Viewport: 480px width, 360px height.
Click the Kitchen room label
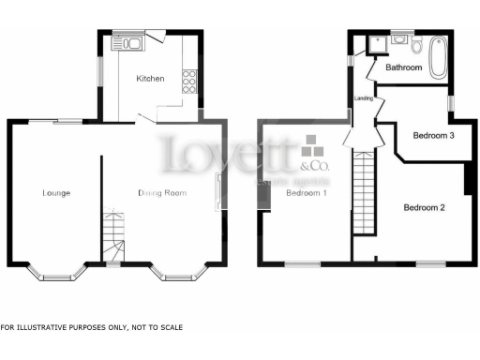[150, 79]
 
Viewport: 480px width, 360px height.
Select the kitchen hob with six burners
[189, 81]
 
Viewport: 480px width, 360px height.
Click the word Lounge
[56, 193]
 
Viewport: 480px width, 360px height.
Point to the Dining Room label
[163, 193]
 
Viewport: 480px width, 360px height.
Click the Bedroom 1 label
[306, 193]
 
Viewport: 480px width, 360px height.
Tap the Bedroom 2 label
[424, 206]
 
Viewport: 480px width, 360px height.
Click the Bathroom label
[403, 67]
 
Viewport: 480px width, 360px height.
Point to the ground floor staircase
[112, 237]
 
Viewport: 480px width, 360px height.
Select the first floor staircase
[363, 192]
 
